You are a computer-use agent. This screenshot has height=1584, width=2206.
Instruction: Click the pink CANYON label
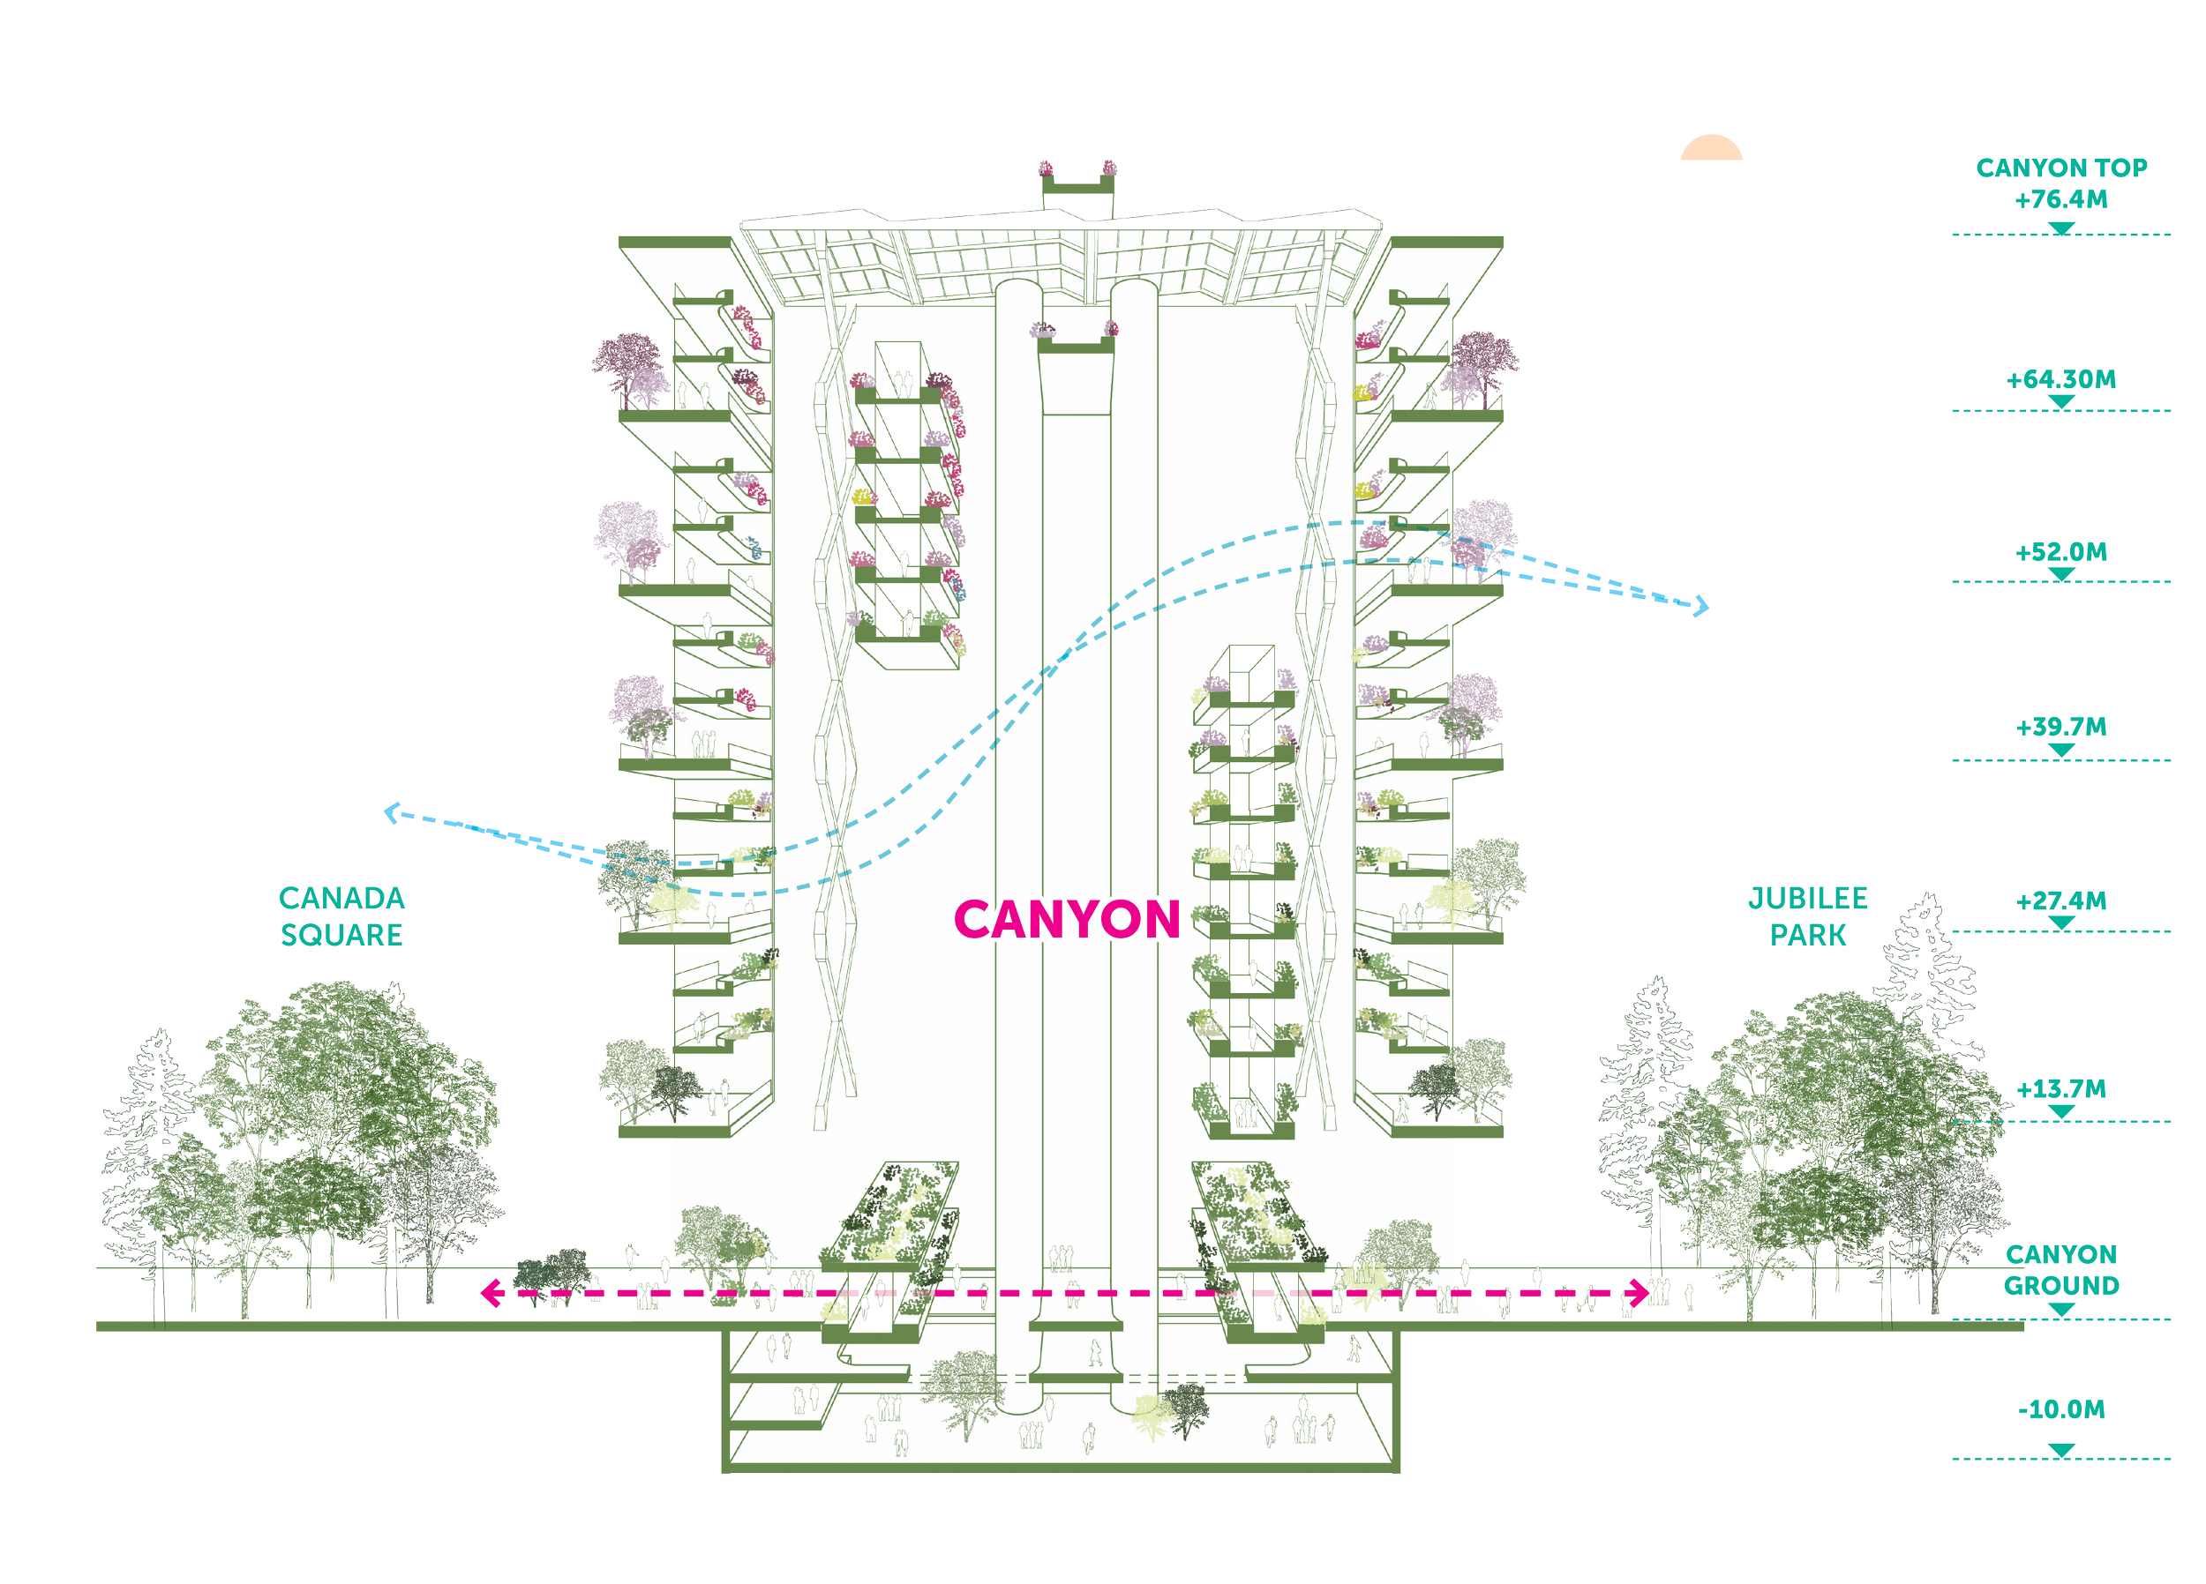[1067, 919]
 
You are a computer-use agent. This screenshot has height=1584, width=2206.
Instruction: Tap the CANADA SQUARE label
[341, 916]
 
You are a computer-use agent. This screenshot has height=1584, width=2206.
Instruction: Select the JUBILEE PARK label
[1808, 916]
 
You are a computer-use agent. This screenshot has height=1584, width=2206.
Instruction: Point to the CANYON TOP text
[2061, 168]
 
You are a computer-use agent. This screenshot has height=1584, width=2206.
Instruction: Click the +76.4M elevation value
[2061, 200]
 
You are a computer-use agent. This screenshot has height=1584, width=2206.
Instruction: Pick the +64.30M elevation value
[2061, 379]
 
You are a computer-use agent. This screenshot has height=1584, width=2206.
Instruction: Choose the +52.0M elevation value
[2061, 552]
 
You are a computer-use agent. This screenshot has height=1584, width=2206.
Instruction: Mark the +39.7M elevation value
[2061, 728]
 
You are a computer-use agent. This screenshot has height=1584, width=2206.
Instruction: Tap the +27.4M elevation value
[2061, 901]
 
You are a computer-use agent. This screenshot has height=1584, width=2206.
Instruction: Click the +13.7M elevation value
[2061, 1089]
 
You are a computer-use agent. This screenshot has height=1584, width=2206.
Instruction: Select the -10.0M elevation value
[2061, 1409]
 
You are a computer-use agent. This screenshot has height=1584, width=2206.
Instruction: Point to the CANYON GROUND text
[2061, 1270]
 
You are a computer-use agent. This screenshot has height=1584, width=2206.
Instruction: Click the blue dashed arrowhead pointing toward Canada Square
[388, 815]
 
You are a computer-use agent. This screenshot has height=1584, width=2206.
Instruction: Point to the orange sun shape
[1710, 150]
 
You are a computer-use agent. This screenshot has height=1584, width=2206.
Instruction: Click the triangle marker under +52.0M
[2061, 573]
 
